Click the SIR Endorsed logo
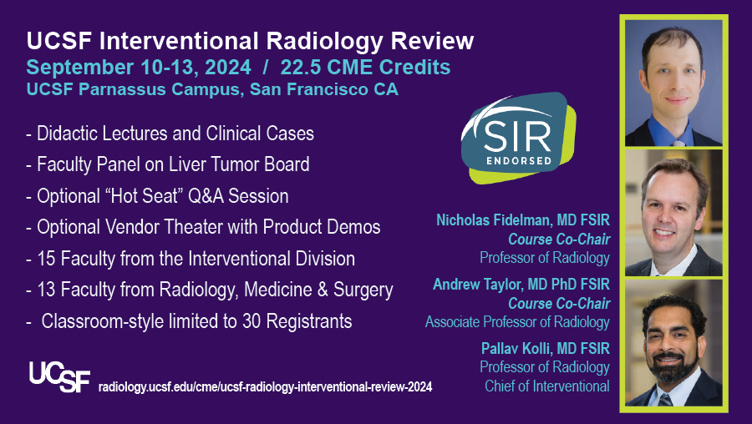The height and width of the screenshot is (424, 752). pos(518,138)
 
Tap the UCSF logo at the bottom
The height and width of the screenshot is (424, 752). pos(59,376)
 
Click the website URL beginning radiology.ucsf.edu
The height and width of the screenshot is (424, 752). pos(265,386)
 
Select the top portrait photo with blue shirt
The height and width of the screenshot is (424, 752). pos(673,83)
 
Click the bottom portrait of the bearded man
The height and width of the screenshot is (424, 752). pos(673,343)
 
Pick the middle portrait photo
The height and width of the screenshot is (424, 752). pos(673,213)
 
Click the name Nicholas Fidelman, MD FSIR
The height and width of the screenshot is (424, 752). pos(523,220)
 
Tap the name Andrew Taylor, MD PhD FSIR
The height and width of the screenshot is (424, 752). pos(521,284)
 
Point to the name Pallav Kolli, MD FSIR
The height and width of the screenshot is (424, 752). pos(546,348)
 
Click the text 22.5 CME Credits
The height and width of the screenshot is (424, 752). pos(365,67)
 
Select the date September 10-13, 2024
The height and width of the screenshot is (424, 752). pos(139,68)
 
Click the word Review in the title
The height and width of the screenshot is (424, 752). pos(432,41)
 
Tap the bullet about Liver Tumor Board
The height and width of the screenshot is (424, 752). pos(168,164)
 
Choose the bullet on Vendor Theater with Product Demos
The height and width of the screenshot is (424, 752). pos(203,227)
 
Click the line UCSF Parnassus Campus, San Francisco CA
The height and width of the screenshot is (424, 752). pos(212,89)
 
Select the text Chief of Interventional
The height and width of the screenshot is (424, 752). pos(547,386)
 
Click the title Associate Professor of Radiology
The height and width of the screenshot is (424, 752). pos(517,322)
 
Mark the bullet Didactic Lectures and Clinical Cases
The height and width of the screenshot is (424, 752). pos(170,134)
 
